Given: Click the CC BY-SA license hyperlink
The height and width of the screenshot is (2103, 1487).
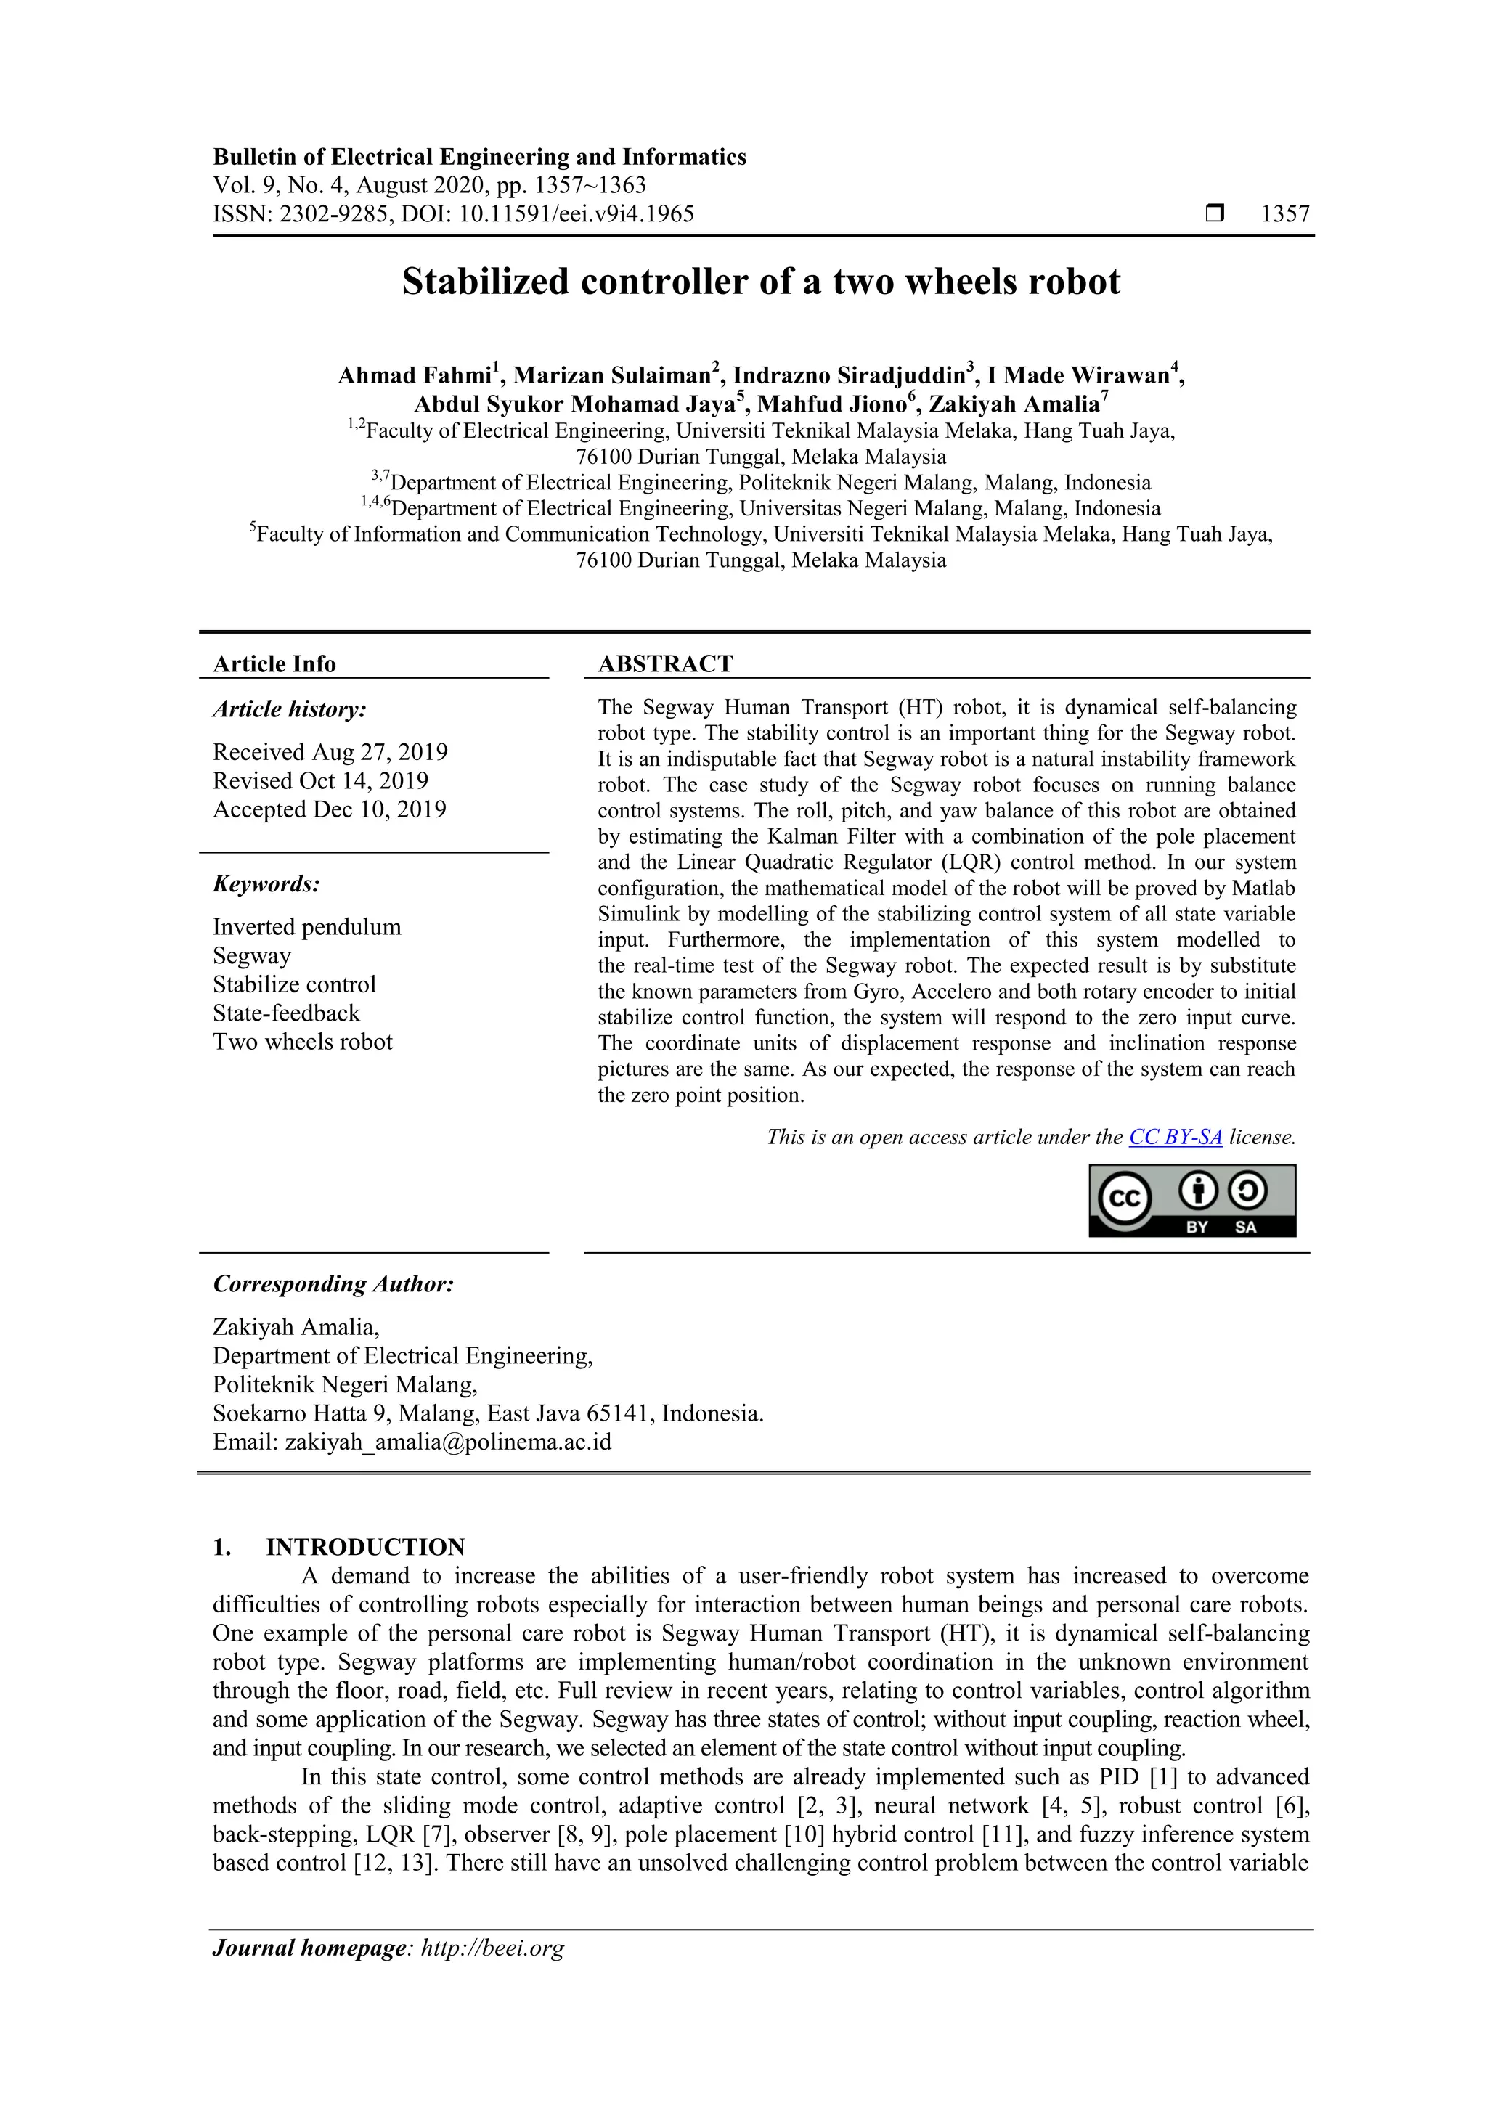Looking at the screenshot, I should pyautogui.click(x=1175, y=1137).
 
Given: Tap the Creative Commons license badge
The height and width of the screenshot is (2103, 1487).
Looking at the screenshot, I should pyautogui.click(x=1192, y=1200).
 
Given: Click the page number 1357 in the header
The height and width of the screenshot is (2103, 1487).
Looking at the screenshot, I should pyautogui.click(x=1284, y=213).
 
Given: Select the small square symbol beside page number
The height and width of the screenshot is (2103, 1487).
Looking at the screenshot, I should pyautogui.click(x=1215, y=213).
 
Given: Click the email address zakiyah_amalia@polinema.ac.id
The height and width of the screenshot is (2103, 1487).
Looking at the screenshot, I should pyautogui.click(x=448, y=1442).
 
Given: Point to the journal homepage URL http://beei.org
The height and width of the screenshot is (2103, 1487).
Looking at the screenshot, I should pyautogui.click(x=492, y=1948).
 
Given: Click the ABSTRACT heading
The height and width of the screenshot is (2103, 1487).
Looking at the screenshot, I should pyautogui.click(x=665, y=664).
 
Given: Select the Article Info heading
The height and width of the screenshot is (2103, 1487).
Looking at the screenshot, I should pyautogui.click(x=274, y=664).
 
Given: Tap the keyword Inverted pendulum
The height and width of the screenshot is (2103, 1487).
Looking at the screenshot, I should pyautogui.click(x=307, y=927).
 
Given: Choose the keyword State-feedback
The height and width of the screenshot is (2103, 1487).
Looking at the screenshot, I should pyautogui.click(x=286, y=1013).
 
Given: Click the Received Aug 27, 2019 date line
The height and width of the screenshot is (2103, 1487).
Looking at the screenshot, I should pyautogui.click(x=330, y=752).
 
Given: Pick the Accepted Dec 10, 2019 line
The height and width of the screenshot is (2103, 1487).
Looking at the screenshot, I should pyautogui.click(x=329, y=809).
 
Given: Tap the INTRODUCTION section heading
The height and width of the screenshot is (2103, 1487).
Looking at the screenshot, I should pyautogui.click(x=364, y=1547).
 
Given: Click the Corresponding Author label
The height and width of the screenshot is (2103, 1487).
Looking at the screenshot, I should pyautogui.click(x=333, y=1284).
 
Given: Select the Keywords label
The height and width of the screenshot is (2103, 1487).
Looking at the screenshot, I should pyautogui.click(x=266, y=884).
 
